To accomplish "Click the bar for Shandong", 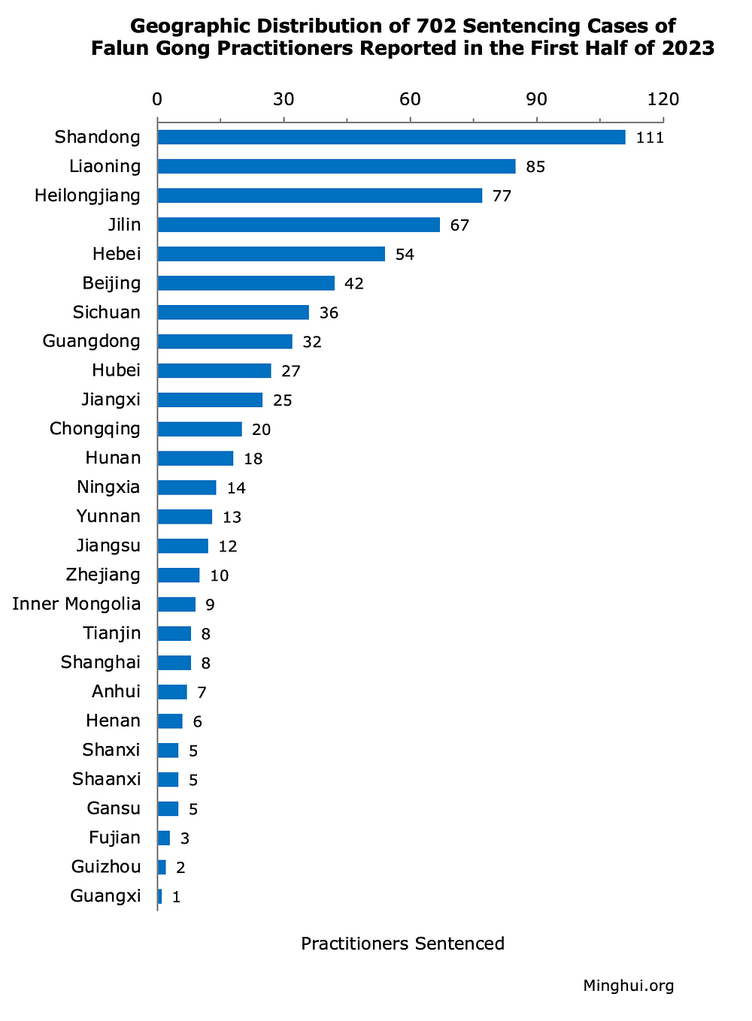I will (x=391, y=137).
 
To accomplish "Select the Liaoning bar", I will (x=336, y=167).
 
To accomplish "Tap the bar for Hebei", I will (x=271, y=254).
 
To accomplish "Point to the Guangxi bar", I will (x=159, y=896).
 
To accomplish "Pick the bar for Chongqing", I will (x=199, y=429).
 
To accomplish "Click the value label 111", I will (x=650, y=138).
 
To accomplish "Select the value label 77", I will (x=502, y=197).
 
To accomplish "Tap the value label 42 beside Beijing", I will (x=353, y=284).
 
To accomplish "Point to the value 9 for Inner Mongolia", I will (x=210, y=606).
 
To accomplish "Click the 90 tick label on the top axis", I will (x=536, y=100).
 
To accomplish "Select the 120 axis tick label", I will (x=663, y=100).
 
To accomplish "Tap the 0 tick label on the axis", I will (x=157, y=100).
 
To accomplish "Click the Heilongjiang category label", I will (x=87, y=196).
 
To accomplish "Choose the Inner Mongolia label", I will (x=77, y=604).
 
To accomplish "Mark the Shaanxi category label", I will (x=106, y=779).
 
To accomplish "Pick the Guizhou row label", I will (x=106, y=867).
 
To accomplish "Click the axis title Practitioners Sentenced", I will (x=402, y=944).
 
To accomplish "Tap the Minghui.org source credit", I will (x=628, y=986).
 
